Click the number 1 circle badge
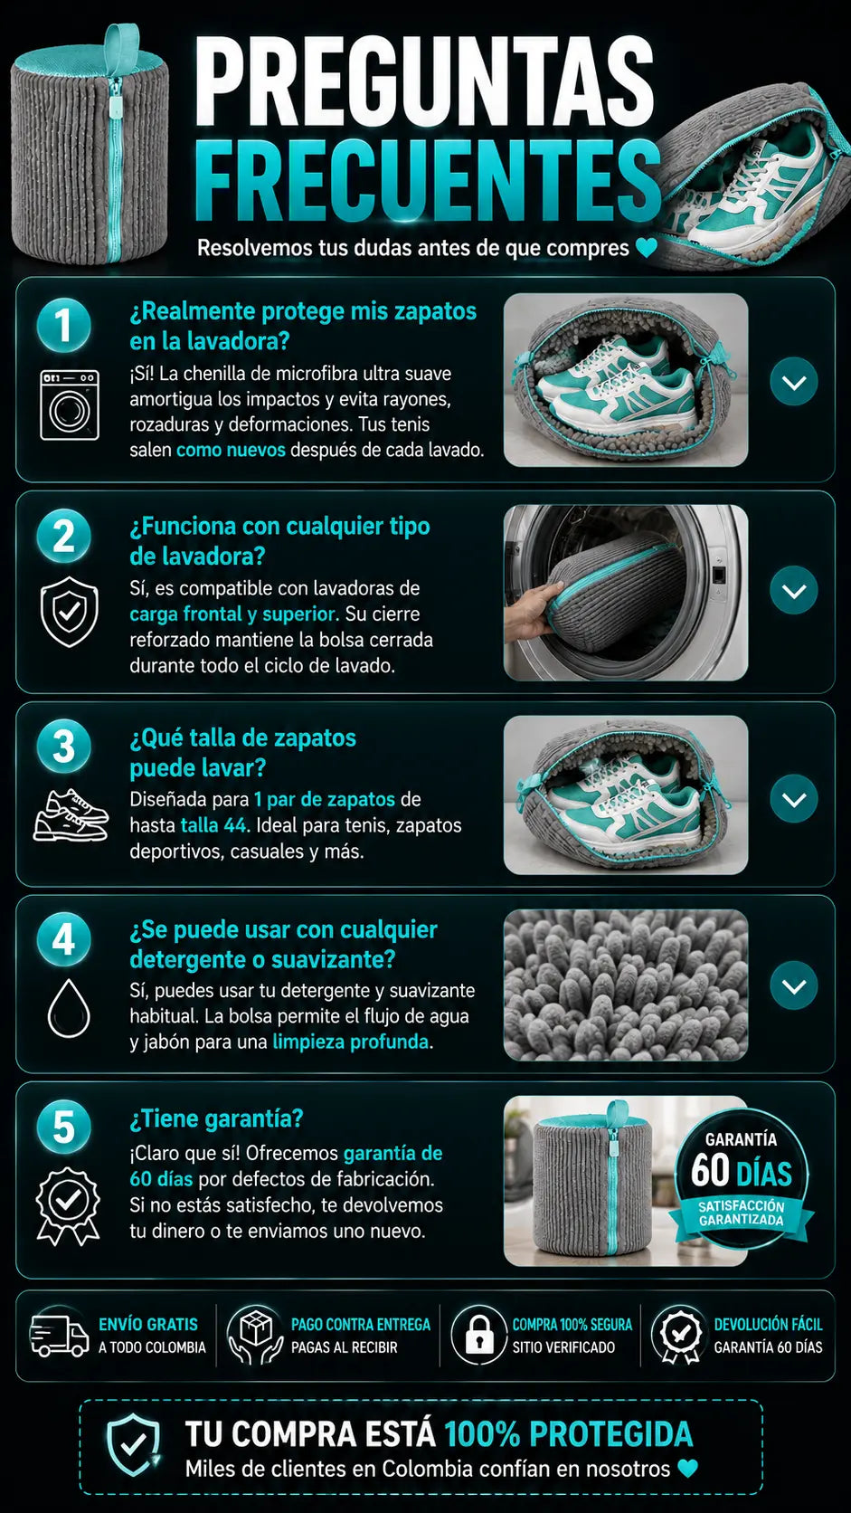point(64,326)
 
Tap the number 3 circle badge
point(64,747)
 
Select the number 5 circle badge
point(64,1127)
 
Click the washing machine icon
point(70,404)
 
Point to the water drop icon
point(69,1008)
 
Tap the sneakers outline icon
point(71,815)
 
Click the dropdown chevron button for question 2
point(794,590)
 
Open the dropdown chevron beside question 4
point(794,985)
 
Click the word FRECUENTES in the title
point(428,181)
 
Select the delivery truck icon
point(60,1336)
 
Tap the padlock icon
point(479,1335)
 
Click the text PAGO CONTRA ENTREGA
point(360,1324)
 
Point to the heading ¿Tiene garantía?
point(217,1118)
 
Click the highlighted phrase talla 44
point(215,824)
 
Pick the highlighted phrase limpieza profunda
point(350,1042)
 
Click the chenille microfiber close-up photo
point(626,985)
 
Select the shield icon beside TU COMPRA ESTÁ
point(134,1445)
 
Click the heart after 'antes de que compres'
point(647,248)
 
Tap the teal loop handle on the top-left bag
point(121,45)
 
